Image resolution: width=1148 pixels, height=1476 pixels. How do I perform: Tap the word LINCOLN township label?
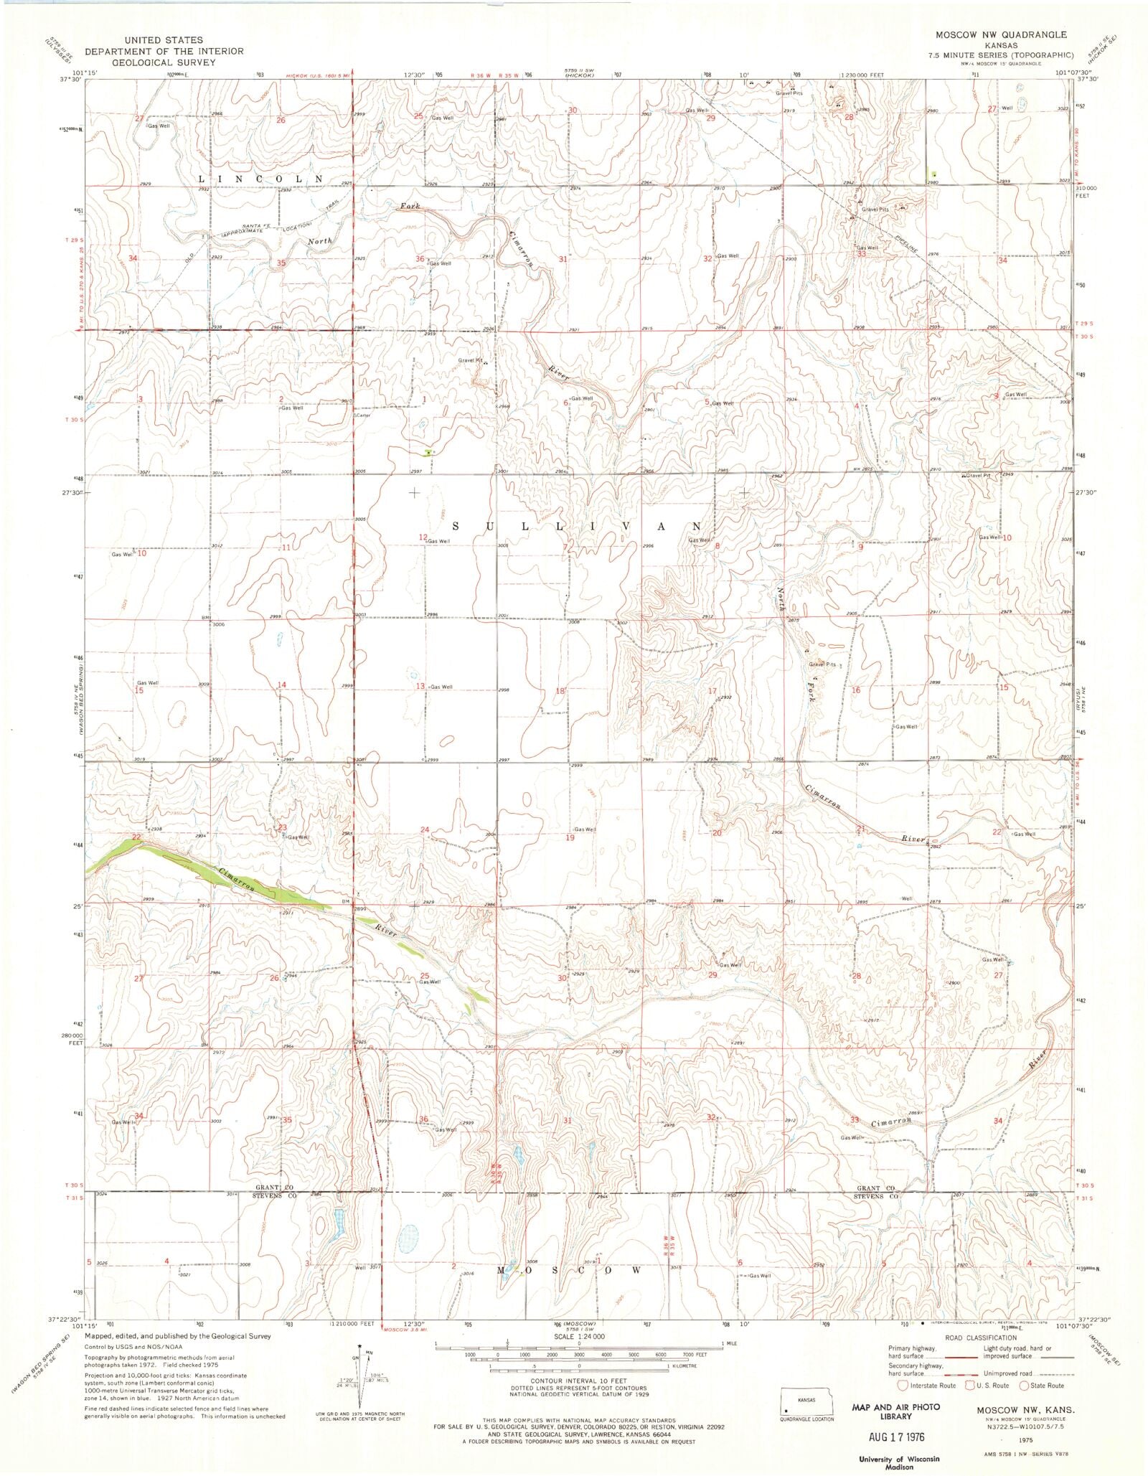point(260,177)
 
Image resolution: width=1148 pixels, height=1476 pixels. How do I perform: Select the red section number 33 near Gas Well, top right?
point(861,254)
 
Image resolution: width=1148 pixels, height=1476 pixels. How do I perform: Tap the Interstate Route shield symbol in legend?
point(903,1385)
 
